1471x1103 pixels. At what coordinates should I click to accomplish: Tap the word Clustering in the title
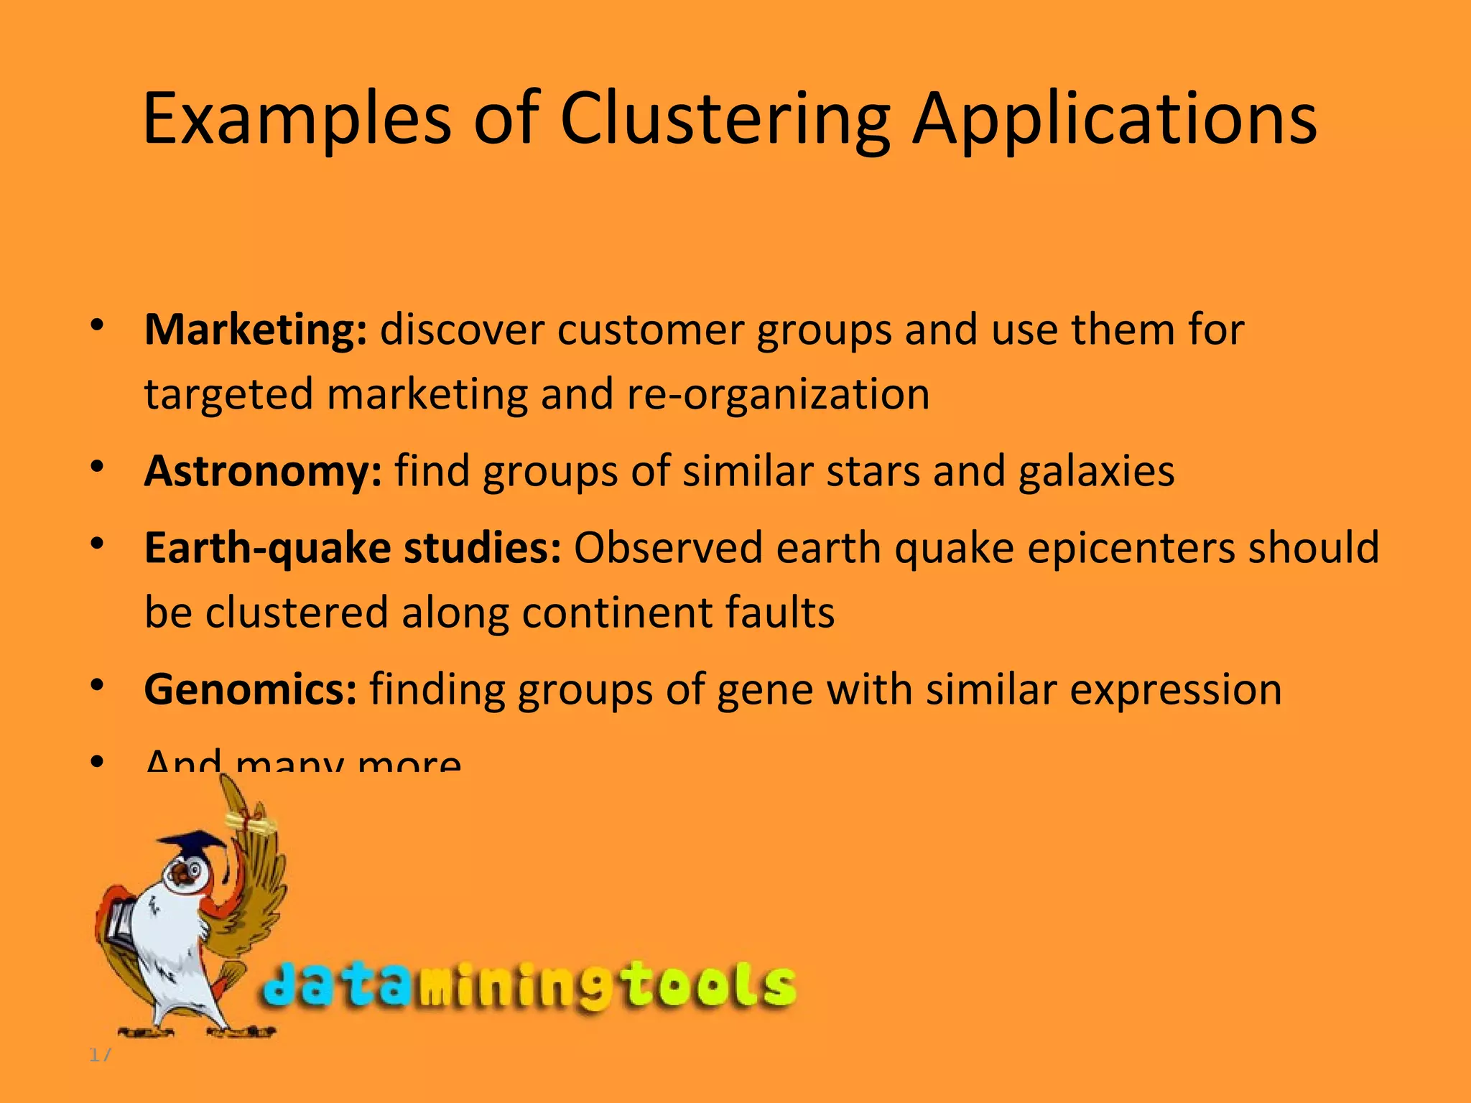click(x=725, y=119)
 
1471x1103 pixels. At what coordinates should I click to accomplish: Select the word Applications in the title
click(x=1114, y=119)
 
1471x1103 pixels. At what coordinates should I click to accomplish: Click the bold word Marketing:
click(x=256, y=330)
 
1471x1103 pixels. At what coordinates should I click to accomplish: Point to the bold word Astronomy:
click(x=263, y=472)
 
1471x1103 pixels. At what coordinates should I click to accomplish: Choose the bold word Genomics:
click(x=250, y=690)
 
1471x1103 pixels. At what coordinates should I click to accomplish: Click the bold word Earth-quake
click(x=267, y=549)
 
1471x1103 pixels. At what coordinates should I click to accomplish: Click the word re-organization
click(x=778, y=395)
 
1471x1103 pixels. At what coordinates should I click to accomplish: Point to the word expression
click(x=1175, y=690)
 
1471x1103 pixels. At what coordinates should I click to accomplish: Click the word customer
click(x=650, y=330)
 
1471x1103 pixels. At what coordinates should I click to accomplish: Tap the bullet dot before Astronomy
click(x=98, y=467)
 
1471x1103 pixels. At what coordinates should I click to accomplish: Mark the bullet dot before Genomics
click(x=98, y=686)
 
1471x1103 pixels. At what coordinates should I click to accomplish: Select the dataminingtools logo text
click(x=528, y=985)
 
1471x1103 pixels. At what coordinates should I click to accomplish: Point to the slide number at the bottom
click(x=100, y=1055)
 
